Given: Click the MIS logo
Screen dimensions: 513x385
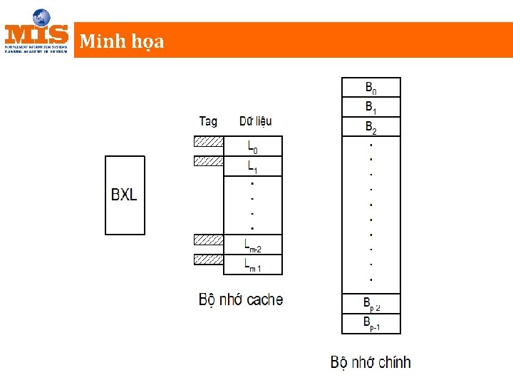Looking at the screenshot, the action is coord(36,32).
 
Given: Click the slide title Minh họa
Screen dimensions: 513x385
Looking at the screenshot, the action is coord(122,41).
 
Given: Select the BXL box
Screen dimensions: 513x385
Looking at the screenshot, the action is coord(124,195).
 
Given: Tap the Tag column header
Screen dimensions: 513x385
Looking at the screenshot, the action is coord(208,121).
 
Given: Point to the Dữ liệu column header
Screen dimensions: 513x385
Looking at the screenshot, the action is coord(255,121).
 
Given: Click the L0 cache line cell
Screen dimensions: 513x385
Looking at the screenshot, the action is coord(253,147).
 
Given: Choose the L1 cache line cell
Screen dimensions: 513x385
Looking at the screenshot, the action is coord(253,167).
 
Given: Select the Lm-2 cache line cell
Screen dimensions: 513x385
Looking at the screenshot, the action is coord(253,245).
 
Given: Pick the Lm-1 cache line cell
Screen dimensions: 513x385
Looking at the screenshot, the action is coord(253,265).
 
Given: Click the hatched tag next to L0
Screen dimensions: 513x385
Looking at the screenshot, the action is coord(208,141).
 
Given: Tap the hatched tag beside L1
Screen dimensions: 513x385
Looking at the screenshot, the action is coord(208,161).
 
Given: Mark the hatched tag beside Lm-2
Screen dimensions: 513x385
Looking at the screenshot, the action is coord(208,240).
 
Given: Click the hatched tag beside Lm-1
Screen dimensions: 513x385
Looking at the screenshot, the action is coord(208,260).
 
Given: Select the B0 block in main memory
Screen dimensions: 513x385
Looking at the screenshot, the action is coord(371,88).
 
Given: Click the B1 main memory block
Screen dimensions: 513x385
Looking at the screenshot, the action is coord(371,107).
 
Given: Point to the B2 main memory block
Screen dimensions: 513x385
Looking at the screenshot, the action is coord(371,127).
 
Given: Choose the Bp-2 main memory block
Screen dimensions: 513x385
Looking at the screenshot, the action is coord(371,304).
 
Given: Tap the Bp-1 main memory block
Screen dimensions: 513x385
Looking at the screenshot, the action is coord(371,324).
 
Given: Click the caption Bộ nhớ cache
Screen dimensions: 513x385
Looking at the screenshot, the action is coord(241,300).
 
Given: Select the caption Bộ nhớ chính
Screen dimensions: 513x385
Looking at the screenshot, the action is coord(370,362).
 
